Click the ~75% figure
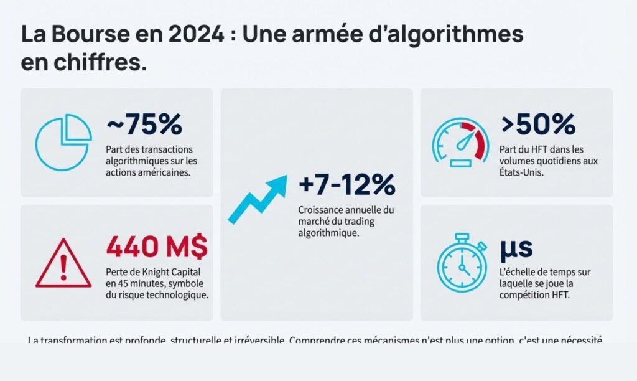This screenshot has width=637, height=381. click(144, 125)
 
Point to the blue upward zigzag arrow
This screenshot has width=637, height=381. click(257, 198)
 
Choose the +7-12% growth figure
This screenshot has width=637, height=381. click(346, 185)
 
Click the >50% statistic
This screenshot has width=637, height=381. click(538, 125)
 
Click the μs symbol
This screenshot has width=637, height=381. click(516, 248)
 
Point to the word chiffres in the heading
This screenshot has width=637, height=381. click(101, 63)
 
